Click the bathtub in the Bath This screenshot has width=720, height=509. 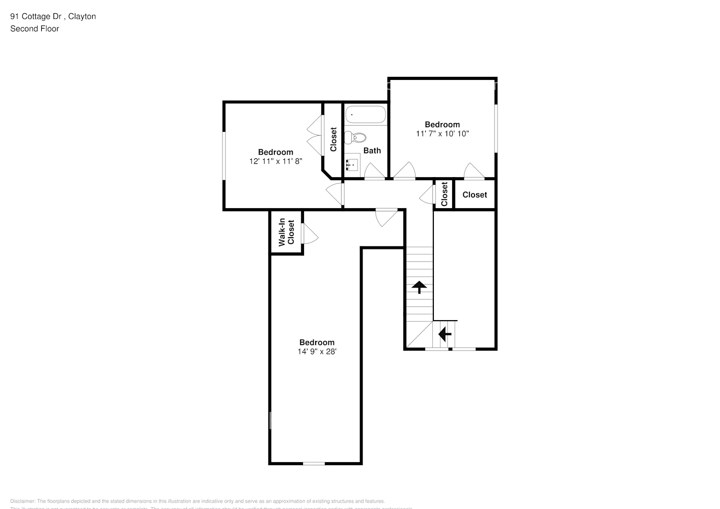(x=366, y=115)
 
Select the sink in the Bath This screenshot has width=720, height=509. (x=352, y=165)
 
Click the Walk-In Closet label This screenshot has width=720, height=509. (x=286, y=232)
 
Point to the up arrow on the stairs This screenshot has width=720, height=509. (x=419, y=287)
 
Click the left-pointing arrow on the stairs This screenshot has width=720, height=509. (x=445, y=334)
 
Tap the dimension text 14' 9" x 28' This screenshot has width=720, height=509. (x=317, y=352)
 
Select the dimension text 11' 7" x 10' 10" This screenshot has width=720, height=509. (x=442, y=134)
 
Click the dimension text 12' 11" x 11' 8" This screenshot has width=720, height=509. (x=275, y=161)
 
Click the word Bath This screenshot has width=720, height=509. (x=372, y=151)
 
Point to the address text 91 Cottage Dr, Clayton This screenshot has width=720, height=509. (x=53, y=16)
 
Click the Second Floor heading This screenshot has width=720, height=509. (x=35, y=29)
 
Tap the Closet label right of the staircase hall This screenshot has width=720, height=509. (x=475, y=195)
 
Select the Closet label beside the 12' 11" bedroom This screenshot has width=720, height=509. (x=334, y=139)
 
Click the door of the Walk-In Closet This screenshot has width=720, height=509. (x=310, y=234)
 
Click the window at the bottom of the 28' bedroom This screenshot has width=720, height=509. (x=314, y=463)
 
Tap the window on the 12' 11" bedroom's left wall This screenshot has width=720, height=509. (x=224, y=156)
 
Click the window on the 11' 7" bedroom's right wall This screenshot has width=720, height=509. (x=496, y=128)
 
